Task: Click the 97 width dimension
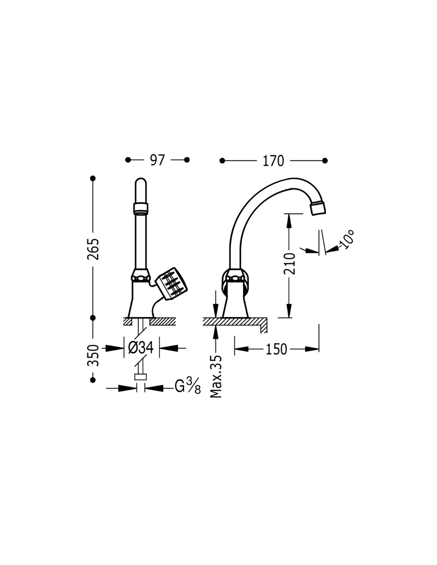click(x=157, y=160)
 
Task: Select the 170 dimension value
click(x=273, y=161)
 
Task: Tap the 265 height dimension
click(x=93, y=249)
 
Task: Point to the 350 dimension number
click(x=93, y=356)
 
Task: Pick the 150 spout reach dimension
click(x=276, y=349)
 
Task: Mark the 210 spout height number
click(x=290, y=263)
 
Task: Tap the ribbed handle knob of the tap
click(x=171, y=284)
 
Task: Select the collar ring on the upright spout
click(x=141, y=208)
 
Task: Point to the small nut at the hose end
click(x=141, y=377)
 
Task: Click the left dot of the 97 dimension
click(x=128, y=160)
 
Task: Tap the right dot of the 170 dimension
click(x=325, y=161)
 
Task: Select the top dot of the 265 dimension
click(x=93, y=178)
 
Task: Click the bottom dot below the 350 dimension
click(x=93, y=380)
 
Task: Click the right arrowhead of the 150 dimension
click(x=312, y=349)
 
